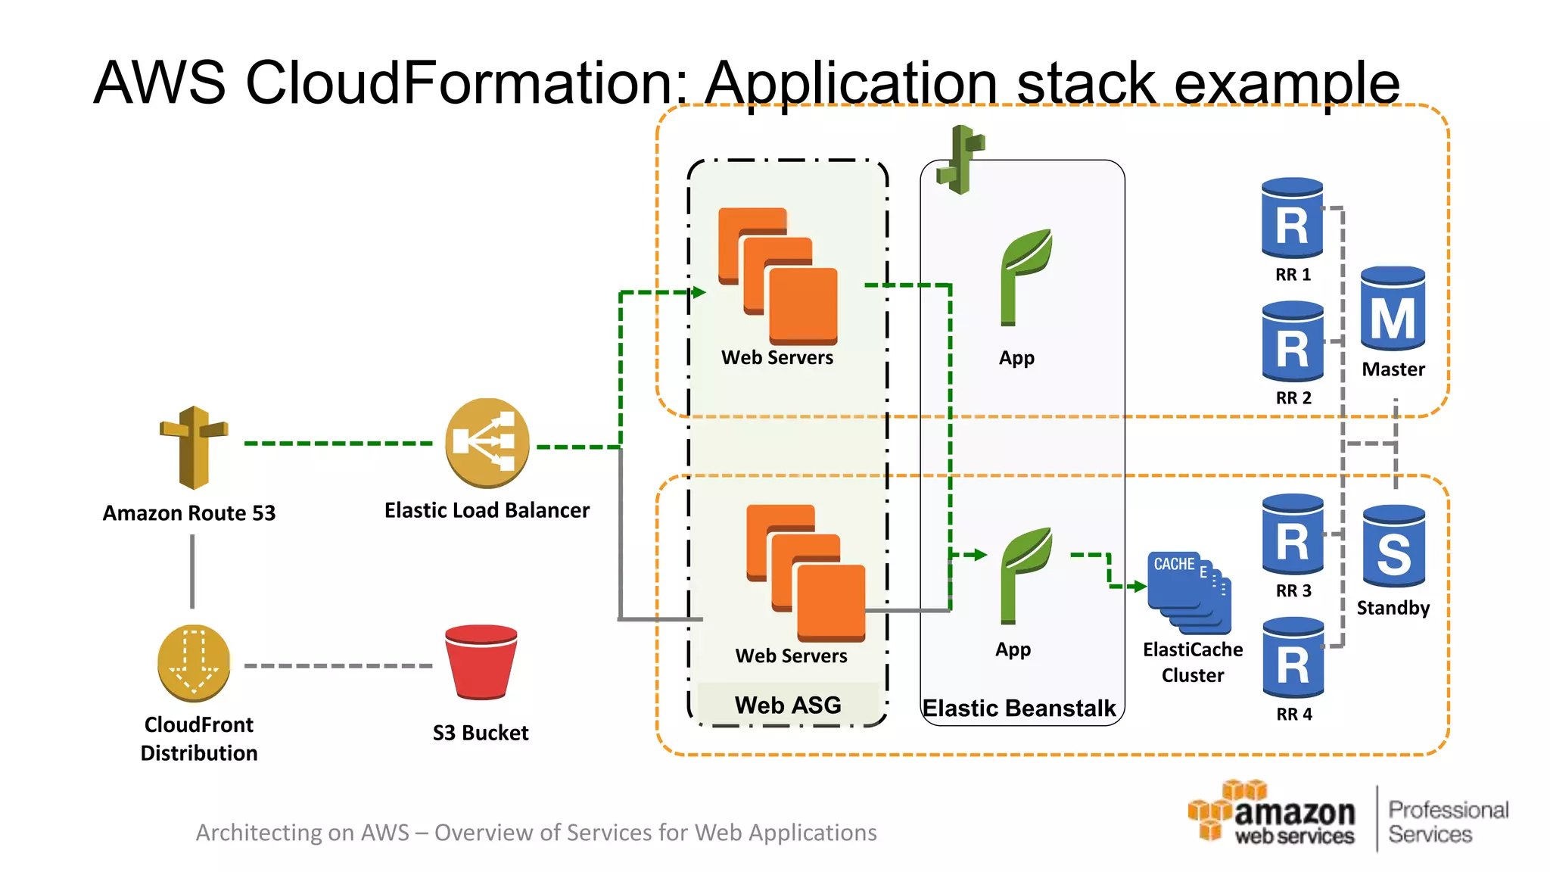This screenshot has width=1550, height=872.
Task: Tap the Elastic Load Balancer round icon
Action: pyautogui.click(x=487, y=443)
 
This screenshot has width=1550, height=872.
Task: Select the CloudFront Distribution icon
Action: pyautogui.click(x=194, y=663)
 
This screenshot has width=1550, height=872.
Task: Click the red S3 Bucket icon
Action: pyautogui.click(x=481, y=662)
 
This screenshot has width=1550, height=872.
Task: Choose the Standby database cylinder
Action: pyautogui.click(x=1393, y=547)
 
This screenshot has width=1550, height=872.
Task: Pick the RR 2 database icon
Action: pyautogui.click(x=1293, y=341)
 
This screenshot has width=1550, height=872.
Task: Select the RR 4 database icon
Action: pyautogui.click(x=1293, y=658)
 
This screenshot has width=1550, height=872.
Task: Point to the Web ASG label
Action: pyautogui.click(x=788, y=705)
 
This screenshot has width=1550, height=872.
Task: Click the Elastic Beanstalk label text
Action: pyautogui.click(x=1019, y=708)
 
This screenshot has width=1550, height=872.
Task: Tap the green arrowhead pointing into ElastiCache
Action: pyautogui.click(x=1139, y=586)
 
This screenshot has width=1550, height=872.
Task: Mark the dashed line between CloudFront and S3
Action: pyautogui.click(x=338, y=666)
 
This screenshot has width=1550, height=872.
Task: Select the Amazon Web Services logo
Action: pyautogui.click(x=1271, y=814)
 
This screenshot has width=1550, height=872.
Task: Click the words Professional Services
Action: pyautogui.click(x=1448, y=822)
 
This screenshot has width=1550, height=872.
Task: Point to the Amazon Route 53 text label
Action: pyautogui.click(x=189, y=513)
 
